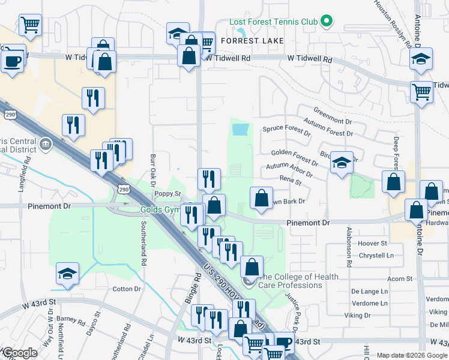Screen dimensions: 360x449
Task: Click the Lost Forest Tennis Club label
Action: click(x=273, y=22)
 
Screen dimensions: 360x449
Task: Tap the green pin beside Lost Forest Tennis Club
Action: click(x=326, y=22)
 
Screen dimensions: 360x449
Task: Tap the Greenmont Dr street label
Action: click(x=332, y=111)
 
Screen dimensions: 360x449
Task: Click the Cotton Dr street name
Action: click(x=126, y=289)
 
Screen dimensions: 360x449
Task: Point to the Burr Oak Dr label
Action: click(x=153, y=170)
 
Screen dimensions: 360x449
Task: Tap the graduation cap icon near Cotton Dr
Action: click(x=68, y=274)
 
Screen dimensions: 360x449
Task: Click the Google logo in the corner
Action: click(x=19, y=353)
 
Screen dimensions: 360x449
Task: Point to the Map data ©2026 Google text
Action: click(x=411, y=355)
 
